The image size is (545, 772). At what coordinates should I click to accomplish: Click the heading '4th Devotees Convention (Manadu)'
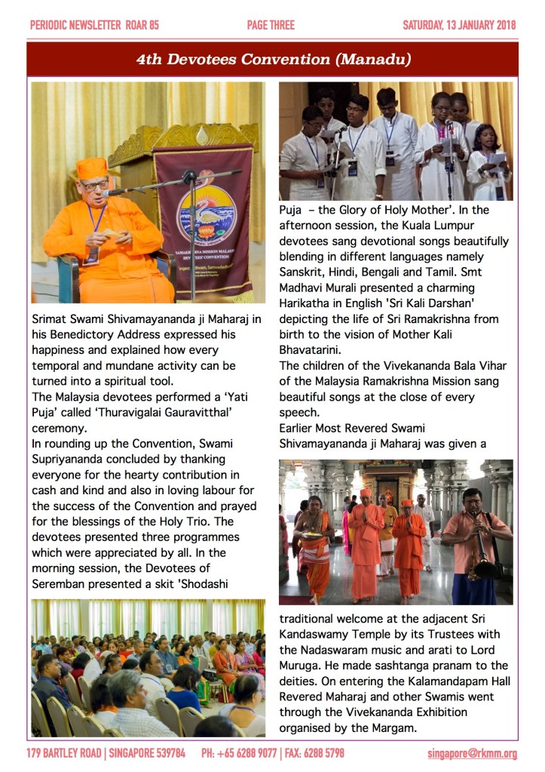tap(273, 58)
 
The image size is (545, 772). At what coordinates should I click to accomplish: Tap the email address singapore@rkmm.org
tap(472, 753)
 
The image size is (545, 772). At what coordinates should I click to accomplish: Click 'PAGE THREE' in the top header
tap(271, 25)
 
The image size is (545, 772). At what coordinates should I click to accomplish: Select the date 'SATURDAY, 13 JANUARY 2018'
tap(459, 25)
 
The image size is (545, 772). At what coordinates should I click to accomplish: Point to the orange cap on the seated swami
tap(92, 168)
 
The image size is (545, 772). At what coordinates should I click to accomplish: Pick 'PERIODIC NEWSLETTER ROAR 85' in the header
tap(94, 25)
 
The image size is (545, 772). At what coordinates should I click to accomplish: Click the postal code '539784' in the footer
tap(166, 753)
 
